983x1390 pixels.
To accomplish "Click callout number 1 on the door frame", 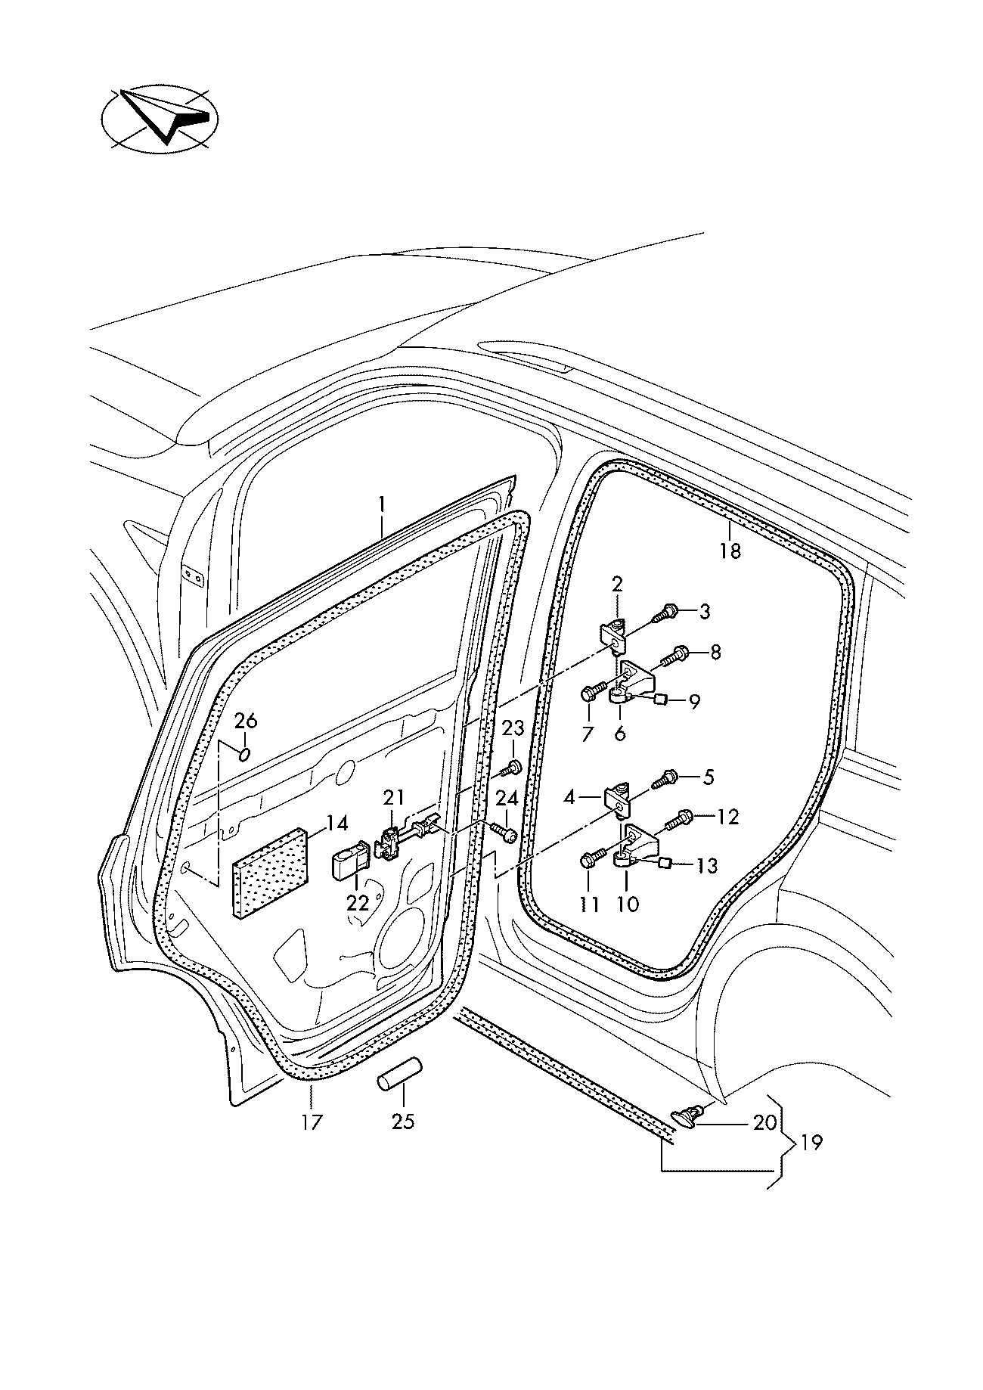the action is point(382,504).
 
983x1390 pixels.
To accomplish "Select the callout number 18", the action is point(730,551).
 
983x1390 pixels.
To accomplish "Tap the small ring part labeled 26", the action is point(244,755).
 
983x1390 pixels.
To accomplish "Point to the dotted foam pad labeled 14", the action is point(271,873).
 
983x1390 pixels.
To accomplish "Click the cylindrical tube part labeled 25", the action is point(399,1075).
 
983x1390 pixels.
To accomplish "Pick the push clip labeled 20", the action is point(687,1113).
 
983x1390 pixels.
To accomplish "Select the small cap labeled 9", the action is point(659,700).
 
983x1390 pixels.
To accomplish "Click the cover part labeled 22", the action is point(349,864).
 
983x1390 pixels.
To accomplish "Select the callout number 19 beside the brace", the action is point(811,1142).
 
